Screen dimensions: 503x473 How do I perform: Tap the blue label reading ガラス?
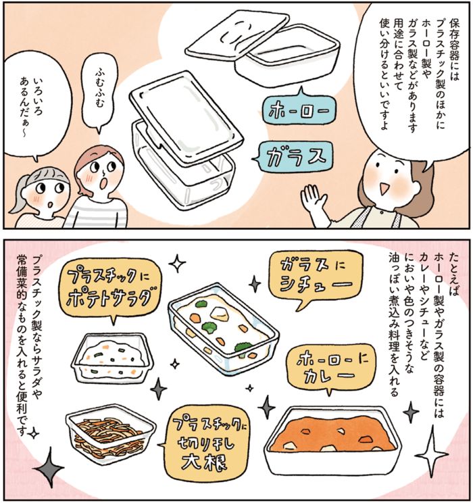point(291,157)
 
